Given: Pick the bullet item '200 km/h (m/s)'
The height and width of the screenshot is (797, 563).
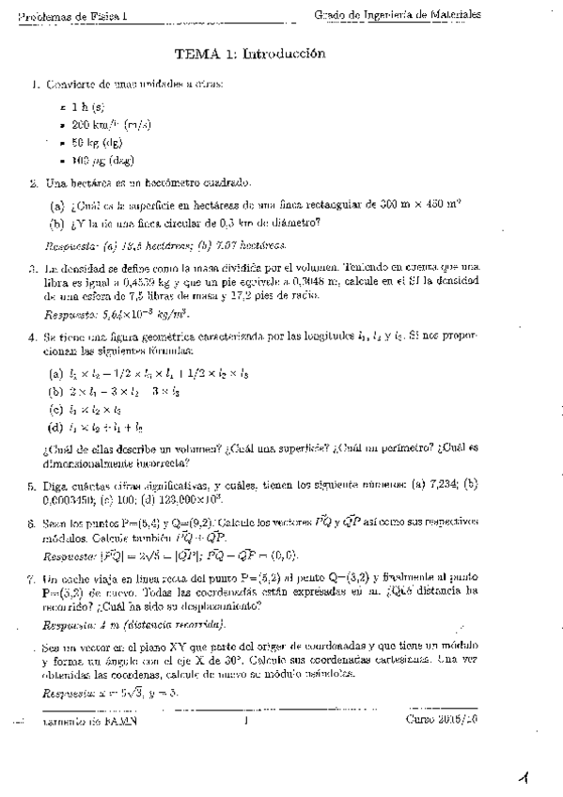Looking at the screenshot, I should [x=109, y=125].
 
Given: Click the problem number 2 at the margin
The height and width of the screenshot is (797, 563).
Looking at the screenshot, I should [x=34, y=183].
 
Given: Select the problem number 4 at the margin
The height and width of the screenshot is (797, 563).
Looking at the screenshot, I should [x=34, y=336].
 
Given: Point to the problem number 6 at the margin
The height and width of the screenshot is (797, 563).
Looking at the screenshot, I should [x=34, y=524].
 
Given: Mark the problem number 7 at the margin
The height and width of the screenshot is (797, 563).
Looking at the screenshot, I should [x=34, y=580].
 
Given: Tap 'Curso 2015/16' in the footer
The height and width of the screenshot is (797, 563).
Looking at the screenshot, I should [x=443, y=722].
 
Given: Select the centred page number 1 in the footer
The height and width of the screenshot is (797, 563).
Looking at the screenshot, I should [x=244, y=722].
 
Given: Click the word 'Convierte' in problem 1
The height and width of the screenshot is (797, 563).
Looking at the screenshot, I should [x=74, y=85].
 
